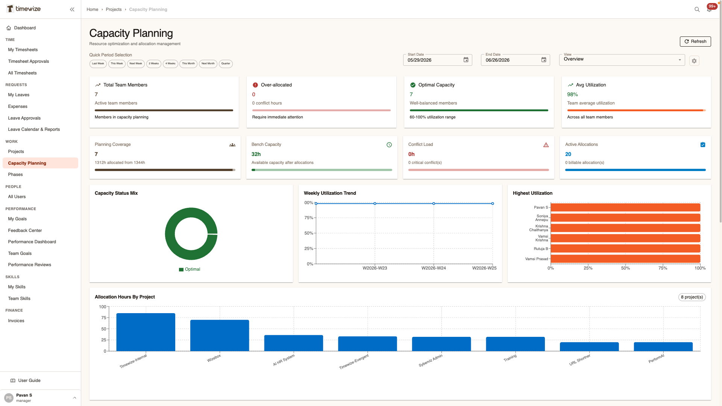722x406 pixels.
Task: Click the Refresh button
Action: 695,41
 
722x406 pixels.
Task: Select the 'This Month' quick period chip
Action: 188,64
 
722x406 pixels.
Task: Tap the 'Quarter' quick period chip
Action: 226,64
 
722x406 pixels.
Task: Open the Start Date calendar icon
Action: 466,60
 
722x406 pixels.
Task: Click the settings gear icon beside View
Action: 694,61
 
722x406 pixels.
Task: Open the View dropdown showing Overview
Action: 622,60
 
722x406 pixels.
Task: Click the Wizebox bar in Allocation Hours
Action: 220,335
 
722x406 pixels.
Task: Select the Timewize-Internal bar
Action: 146,332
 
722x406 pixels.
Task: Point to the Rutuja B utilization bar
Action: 625,248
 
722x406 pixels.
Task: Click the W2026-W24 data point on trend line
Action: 434,203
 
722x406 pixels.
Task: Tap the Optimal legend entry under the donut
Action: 190,269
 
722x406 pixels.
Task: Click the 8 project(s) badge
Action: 692,297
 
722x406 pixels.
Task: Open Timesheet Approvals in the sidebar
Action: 29,61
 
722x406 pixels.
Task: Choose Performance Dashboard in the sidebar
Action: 32,242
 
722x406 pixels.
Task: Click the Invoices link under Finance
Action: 16,321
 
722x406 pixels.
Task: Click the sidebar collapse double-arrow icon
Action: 72,9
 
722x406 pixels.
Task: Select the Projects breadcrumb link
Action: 114,9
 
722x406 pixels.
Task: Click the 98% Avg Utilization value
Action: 572,94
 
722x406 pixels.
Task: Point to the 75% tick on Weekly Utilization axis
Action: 309,218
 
